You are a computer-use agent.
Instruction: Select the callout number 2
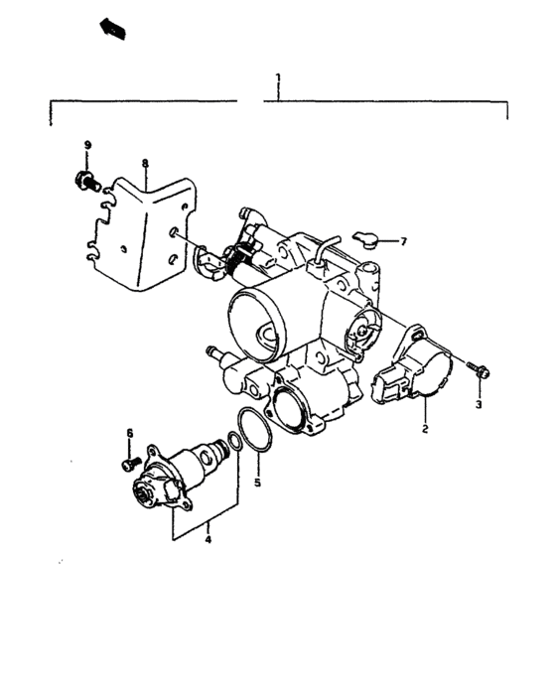(424, 430)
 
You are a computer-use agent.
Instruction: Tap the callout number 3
(477, 405)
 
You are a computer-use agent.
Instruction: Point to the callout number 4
(208, 540)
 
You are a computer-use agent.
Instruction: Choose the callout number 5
(256, 484)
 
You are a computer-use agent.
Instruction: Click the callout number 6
(129, 432)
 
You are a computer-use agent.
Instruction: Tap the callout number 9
(87, 145)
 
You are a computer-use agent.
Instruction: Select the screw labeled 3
(477, 371)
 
